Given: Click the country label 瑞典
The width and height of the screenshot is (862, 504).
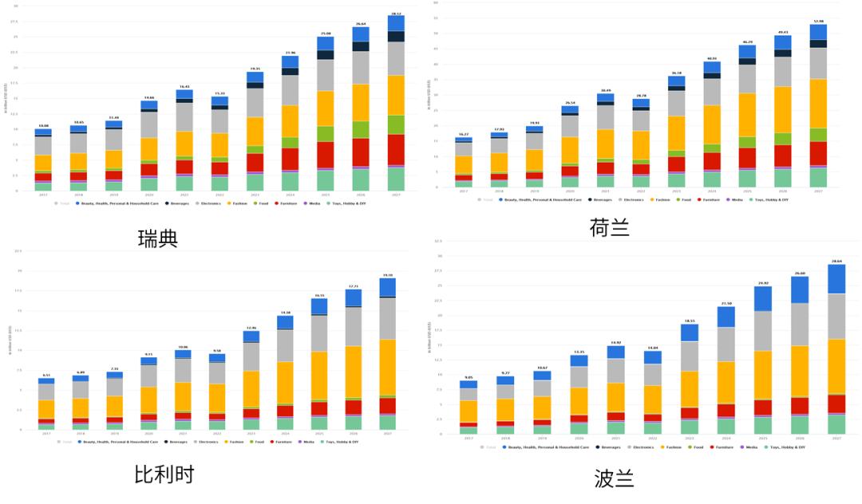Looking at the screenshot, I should point(158,238).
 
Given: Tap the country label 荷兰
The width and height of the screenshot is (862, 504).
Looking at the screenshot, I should point(609,229).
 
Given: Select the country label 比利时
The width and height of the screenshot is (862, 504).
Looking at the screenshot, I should point(164,474).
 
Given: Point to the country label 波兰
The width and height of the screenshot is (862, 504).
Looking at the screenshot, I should point(615,478).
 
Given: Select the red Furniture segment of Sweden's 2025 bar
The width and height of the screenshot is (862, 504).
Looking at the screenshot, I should point(326,155).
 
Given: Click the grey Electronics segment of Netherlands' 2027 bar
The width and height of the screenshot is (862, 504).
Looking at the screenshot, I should point(818,63).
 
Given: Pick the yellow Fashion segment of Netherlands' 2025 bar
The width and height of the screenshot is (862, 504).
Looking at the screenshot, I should point(747,115).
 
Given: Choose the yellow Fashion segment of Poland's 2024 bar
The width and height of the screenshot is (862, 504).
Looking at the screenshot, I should point(726,383).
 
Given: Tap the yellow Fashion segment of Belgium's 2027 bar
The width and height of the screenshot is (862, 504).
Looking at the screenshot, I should point(387,367).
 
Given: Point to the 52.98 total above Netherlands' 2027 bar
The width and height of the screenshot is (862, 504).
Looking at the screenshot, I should point(818,21).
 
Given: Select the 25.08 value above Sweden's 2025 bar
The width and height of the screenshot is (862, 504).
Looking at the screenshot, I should point(326,33).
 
